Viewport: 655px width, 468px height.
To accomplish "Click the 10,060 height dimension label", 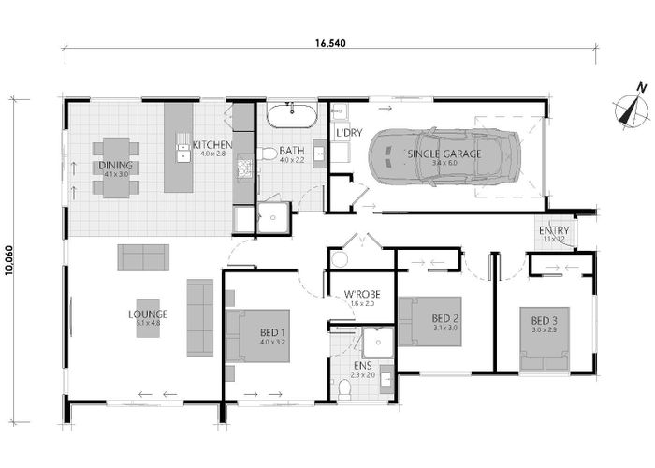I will [10, 252].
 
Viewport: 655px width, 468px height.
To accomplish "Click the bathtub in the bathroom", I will [292, 117].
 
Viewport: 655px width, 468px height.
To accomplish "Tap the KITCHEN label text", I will [211, 145].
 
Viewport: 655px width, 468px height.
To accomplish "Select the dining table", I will [117, 168].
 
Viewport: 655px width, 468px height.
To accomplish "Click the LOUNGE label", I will [148, 314].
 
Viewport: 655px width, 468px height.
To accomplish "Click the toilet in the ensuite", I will [344, 388].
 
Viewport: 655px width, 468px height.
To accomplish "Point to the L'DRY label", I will [348, 133].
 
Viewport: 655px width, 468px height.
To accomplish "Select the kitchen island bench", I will [178, 146].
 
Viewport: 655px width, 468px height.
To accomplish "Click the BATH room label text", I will [291, 151].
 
